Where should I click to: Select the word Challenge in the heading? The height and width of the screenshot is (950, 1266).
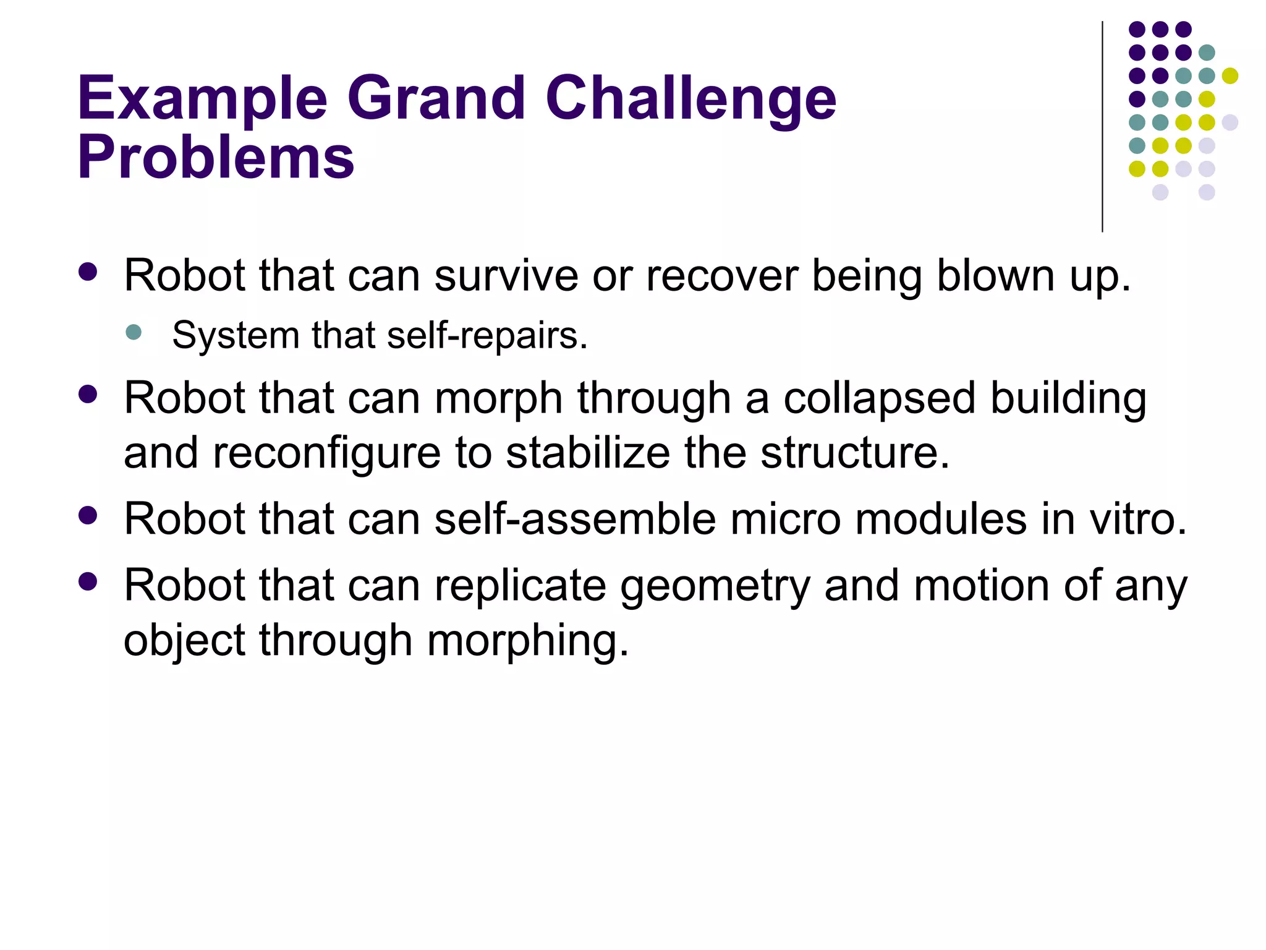(690, 99)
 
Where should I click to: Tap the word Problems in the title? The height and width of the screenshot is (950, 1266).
(216, 158)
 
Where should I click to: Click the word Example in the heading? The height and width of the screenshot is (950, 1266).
(202, 99)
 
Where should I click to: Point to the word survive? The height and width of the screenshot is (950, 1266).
(506, 275)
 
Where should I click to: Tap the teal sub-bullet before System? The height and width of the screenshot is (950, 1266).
(134, 333)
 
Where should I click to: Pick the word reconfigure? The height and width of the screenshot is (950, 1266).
(327, 453)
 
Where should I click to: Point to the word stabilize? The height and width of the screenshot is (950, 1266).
(587, 453)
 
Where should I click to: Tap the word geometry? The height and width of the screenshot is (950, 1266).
(715, 586)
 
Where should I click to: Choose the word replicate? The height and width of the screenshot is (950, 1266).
(520, 586)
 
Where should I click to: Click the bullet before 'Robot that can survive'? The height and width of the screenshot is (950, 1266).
(88, 273)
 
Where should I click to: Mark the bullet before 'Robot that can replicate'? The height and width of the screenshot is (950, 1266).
(88, 582)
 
